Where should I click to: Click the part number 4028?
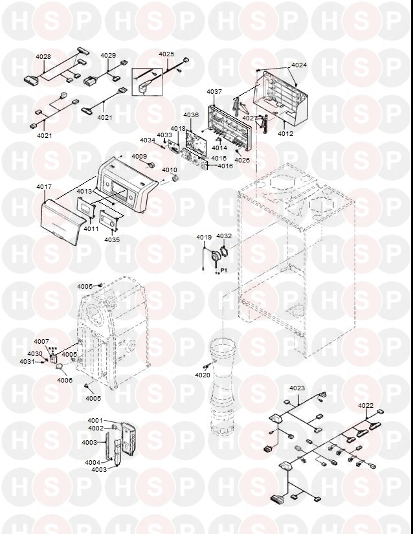(x=43, y=57)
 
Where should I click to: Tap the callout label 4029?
(x=108, y=56)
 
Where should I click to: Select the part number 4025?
(x=166, y=54)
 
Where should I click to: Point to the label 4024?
(x=299, y=65)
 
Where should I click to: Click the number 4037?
(x=214, y=92)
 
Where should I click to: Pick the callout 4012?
(x=285, y=134)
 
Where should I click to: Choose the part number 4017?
(x=44, y=187)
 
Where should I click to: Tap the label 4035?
(x=112, y=239)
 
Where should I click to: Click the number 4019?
(x=205, y=237)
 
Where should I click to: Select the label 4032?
(x=224, y=237)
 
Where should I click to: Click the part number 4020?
(x=203, y=375)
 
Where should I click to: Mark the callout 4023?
(x=297, y=388)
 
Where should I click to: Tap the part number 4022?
(x=366, y=406)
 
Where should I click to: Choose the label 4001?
(x=95, y=421)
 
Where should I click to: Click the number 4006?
(x=65, y=380)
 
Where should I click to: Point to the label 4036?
(x=191, y=115)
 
